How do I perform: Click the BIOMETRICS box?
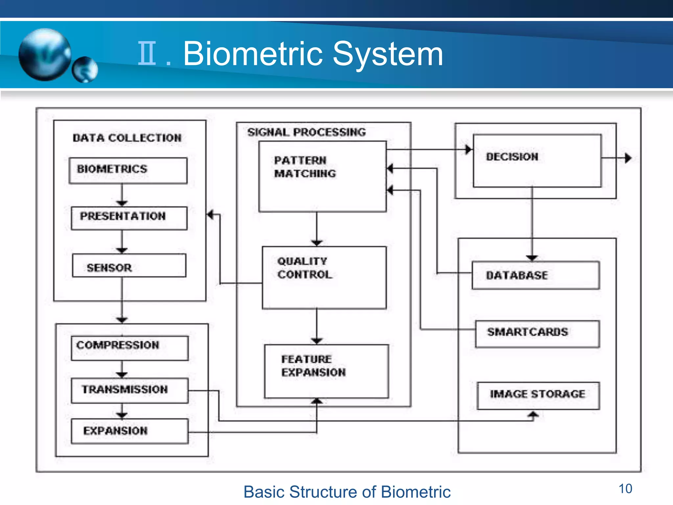click(x=128, y=170)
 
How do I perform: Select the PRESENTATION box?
click(x=129, y=218)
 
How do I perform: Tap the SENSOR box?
click(x=129, y=265)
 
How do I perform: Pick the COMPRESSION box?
click(x=129, y=348)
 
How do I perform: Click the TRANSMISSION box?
click(x=129, y=390)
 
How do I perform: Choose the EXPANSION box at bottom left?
click(x=129, y=431)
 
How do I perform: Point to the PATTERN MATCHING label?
click(x=305, y=167)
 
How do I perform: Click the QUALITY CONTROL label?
click(x=305, y=268)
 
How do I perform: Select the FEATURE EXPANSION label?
click(x=313, y=366)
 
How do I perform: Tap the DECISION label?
click(x=512, y=157)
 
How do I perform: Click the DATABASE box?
click(x=536, y=275)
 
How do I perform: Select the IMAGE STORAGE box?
click(x=538, y=395)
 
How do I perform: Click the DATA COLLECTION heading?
click(x=127, y=138)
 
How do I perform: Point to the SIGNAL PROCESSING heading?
click(x=306, y=132)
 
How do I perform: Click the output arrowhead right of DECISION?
click(x=628, y=158)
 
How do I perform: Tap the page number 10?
click(x=625, y=489)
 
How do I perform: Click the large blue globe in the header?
click(x=45, y=54)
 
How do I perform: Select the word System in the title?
click(x=388, y=54)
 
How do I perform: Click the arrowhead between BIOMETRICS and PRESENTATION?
click(x=122, y=203)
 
